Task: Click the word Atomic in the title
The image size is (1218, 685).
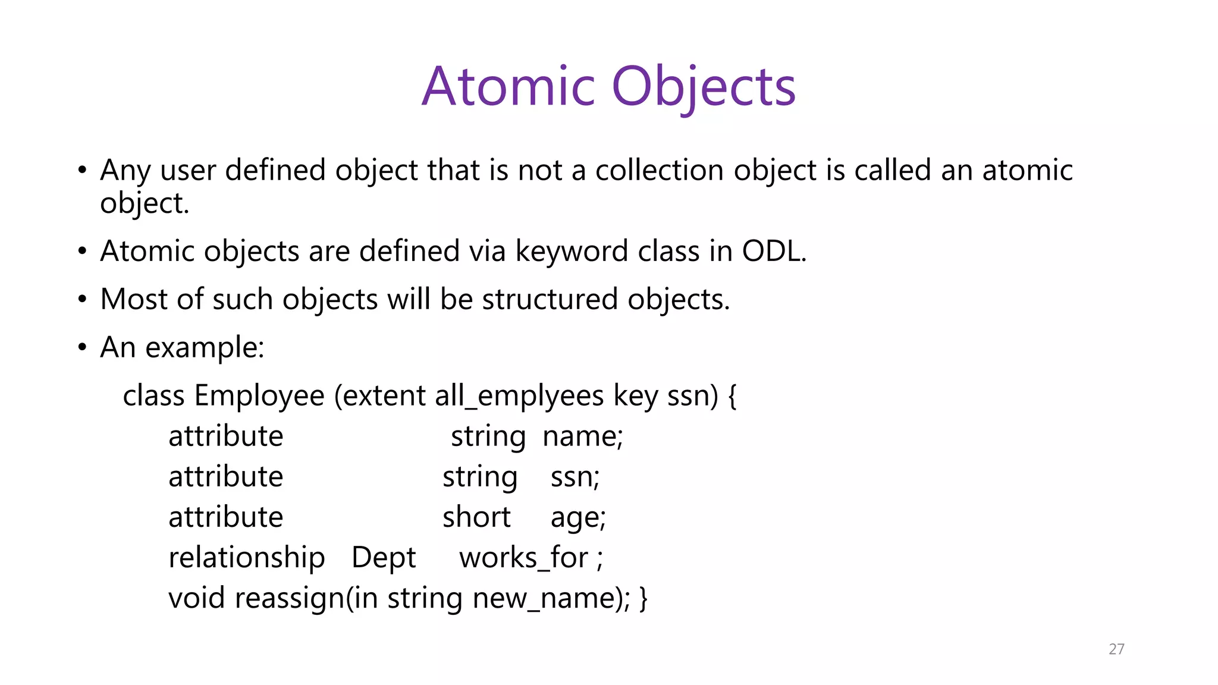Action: click(x=508, y=87)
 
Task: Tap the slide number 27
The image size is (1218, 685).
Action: click(x=1116, y=649)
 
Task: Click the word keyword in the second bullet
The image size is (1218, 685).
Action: click(x=571, y=251)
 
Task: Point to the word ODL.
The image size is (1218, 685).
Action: click(x=773, y=251)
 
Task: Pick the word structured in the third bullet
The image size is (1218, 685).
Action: click(x=550, y=299)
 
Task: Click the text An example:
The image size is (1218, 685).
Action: click(x=182, y=347)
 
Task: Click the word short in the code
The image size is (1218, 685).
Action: click(x=476, y=517)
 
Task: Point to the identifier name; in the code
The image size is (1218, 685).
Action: click(x=582, y=436)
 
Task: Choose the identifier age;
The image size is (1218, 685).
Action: click(x=577, y=517)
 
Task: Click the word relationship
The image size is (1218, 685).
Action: click(x=246, y=558)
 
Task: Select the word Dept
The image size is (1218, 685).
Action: click(x=384, y=558)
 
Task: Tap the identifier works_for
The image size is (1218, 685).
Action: click(x=523, y=558)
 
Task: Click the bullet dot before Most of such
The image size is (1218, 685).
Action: click(x=82, y=299)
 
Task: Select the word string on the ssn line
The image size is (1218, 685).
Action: click(x=479, y=477)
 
